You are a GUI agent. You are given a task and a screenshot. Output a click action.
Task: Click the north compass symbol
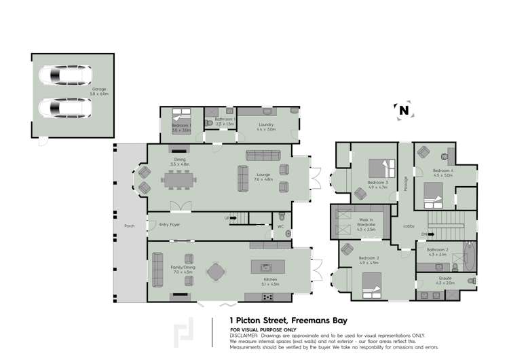404,109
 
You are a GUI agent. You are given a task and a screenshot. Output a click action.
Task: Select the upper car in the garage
64,73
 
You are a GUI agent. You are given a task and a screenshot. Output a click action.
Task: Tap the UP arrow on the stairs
227,218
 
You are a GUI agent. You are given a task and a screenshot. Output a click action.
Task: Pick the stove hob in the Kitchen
269,296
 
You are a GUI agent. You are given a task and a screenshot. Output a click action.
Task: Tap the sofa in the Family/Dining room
157,269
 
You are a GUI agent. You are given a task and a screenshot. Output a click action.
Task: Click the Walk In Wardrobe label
366,223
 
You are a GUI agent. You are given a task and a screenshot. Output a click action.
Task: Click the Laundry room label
266,126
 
